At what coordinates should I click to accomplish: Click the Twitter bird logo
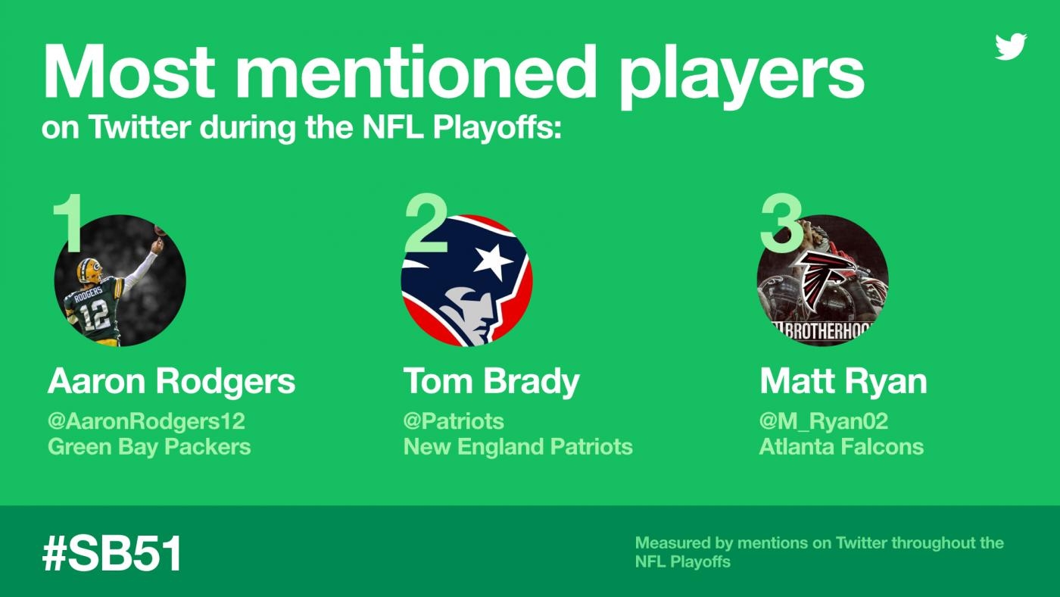(1010, 47)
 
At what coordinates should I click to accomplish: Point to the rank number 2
(426, 223)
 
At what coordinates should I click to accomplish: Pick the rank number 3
(780, 223)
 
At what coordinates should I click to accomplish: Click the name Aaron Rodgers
(171, 381)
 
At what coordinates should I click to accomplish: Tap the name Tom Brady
(491, 381)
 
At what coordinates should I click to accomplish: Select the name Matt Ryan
(843, 382)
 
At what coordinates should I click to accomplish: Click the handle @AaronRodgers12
(146, 421)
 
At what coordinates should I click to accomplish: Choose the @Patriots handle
(454, 421)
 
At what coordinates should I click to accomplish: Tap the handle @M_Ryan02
(824, 421)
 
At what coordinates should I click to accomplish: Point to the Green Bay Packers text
(149, 446)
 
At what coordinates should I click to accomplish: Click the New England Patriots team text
(518, 446)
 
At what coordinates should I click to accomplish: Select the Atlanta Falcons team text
(841, 446)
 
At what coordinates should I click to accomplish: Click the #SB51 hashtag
(112, 554)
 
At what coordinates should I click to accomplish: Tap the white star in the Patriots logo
(493, 261)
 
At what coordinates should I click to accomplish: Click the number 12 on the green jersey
(97, 316)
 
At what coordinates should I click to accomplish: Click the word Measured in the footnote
(672, 542)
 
